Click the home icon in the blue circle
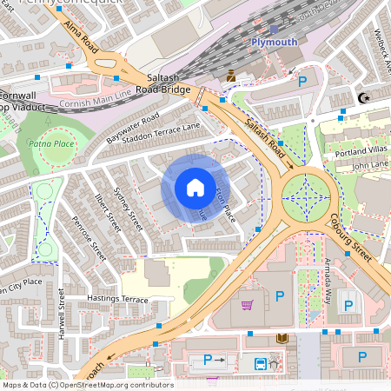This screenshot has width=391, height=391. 195,188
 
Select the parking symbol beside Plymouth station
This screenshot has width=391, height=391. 303,82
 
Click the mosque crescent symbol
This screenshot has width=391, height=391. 363,98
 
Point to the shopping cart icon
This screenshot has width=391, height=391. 248,305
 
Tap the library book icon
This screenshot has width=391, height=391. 281,339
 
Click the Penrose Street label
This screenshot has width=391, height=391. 89,239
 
